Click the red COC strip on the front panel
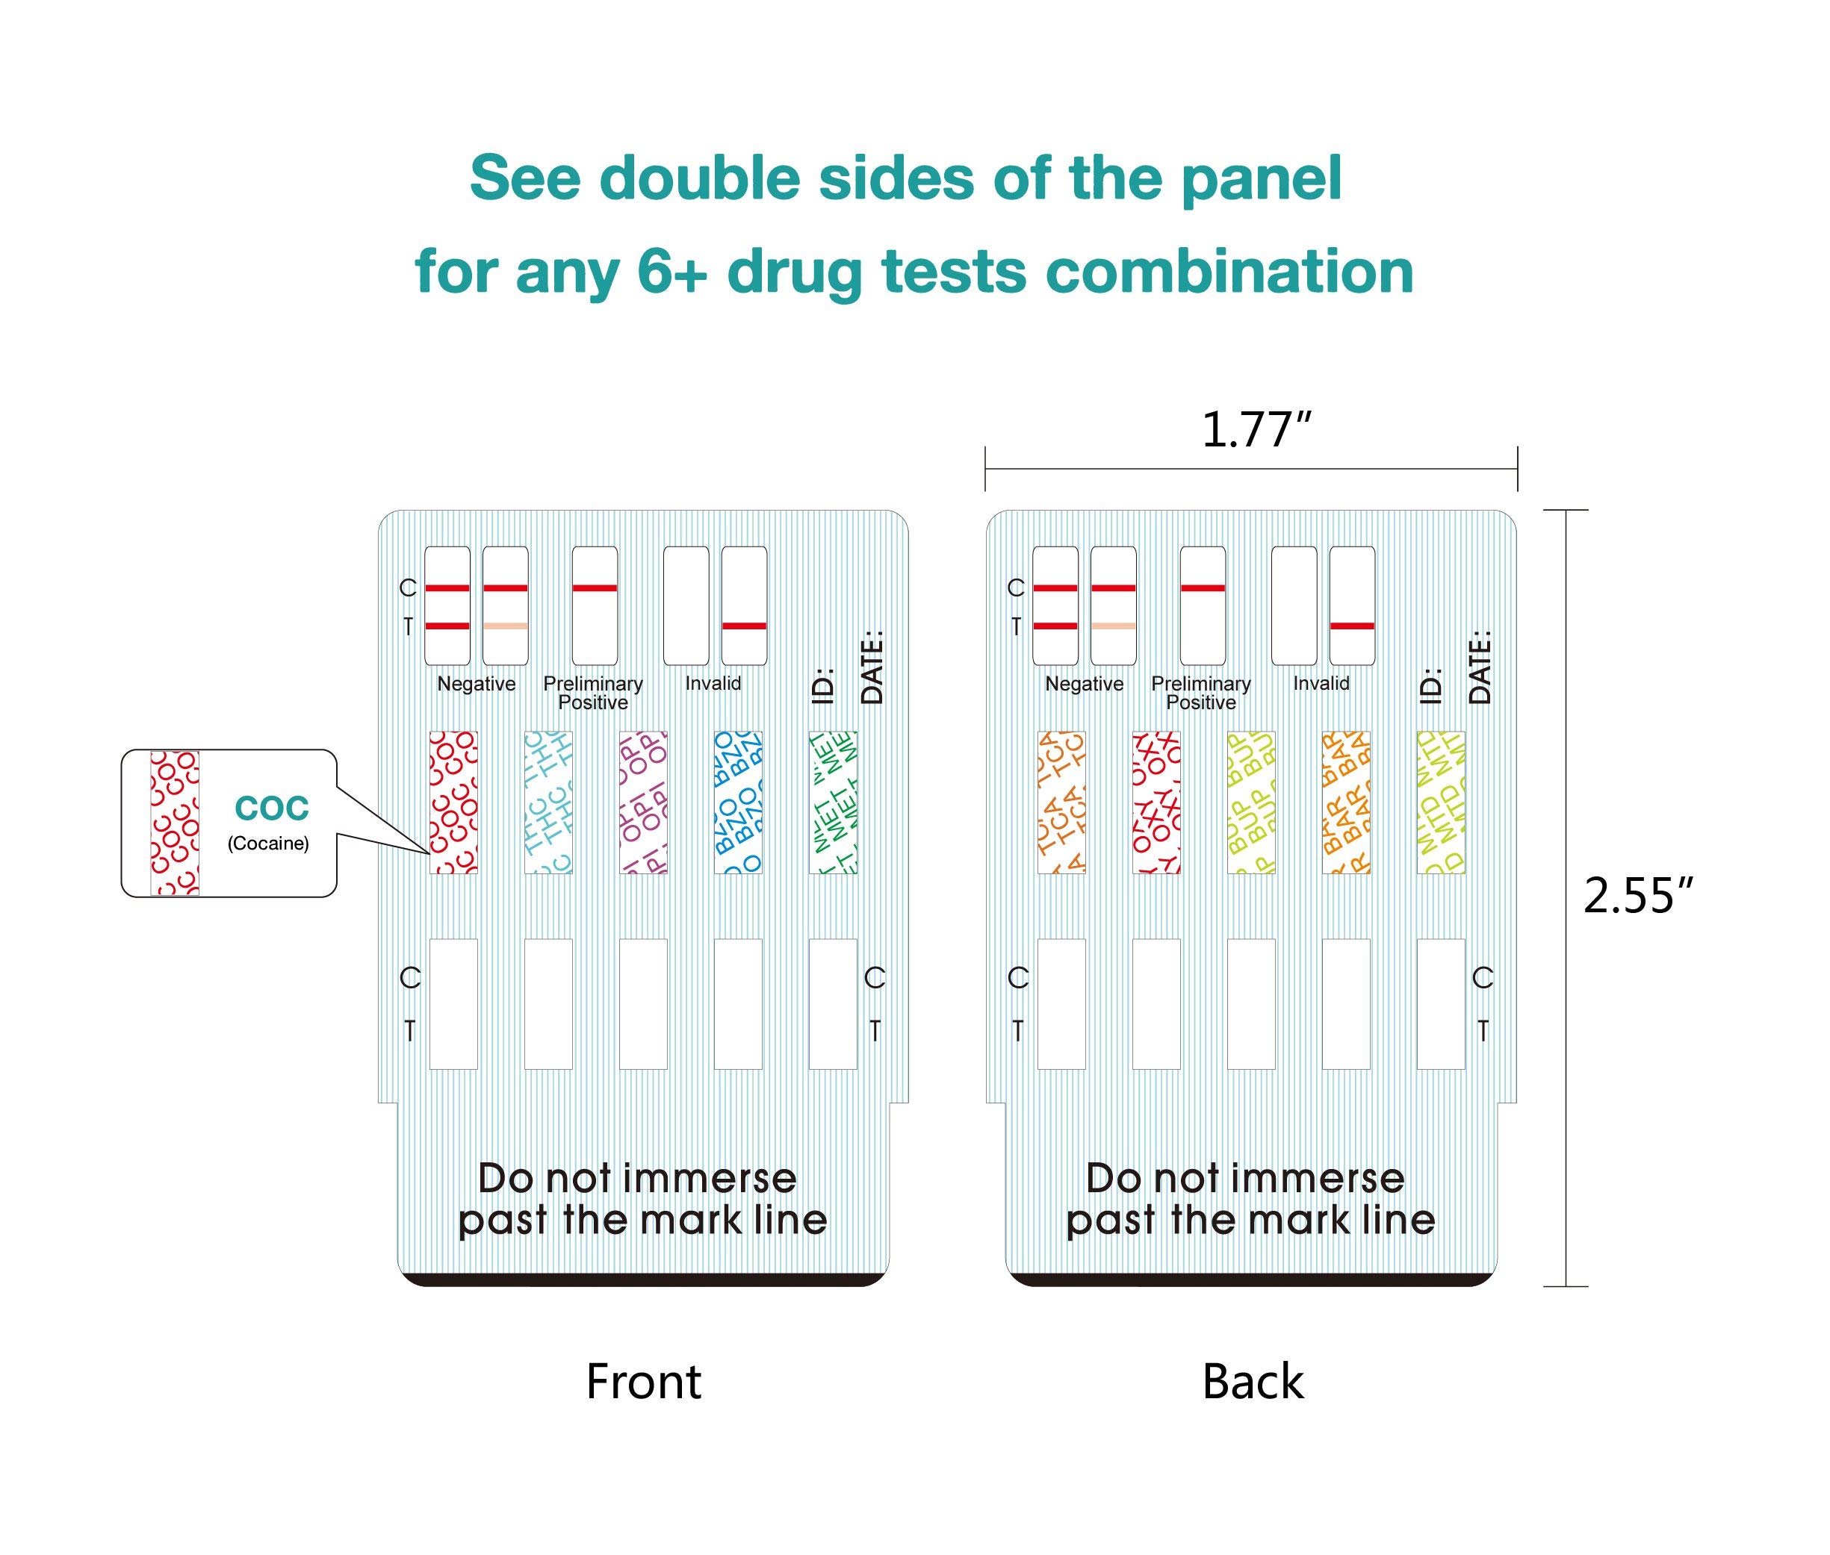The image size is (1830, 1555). pos(453,803)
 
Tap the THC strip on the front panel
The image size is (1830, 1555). pos(548,803)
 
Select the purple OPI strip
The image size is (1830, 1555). pos(643,803)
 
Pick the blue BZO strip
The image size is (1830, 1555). pos(737,803)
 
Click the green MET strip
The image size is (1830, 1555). pos(833,803)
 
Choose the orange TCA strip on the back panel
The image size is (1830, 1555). pos(1061,803)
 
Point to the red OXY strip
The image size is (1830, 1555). pos(1156,803)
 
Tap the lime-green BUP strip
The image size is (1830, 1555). pos(1250,803)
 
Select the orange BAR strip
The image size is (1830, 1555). pos(1346,803)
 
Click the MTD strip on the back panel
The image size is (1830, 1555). pos(1440,803)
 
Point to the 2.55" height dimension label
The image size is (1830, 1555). pos(1639,897)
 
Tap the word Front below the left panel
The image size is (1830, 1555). pos(643,1381)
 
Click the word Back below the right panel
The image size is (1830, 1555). pos(1253,1381)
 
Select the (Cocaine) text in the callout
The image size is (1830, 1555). pos(268,844)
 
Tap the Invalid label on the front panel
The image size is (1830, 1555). pos(713,683)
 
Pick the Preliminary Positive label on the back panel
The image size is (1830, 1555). pos(1200,693)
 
